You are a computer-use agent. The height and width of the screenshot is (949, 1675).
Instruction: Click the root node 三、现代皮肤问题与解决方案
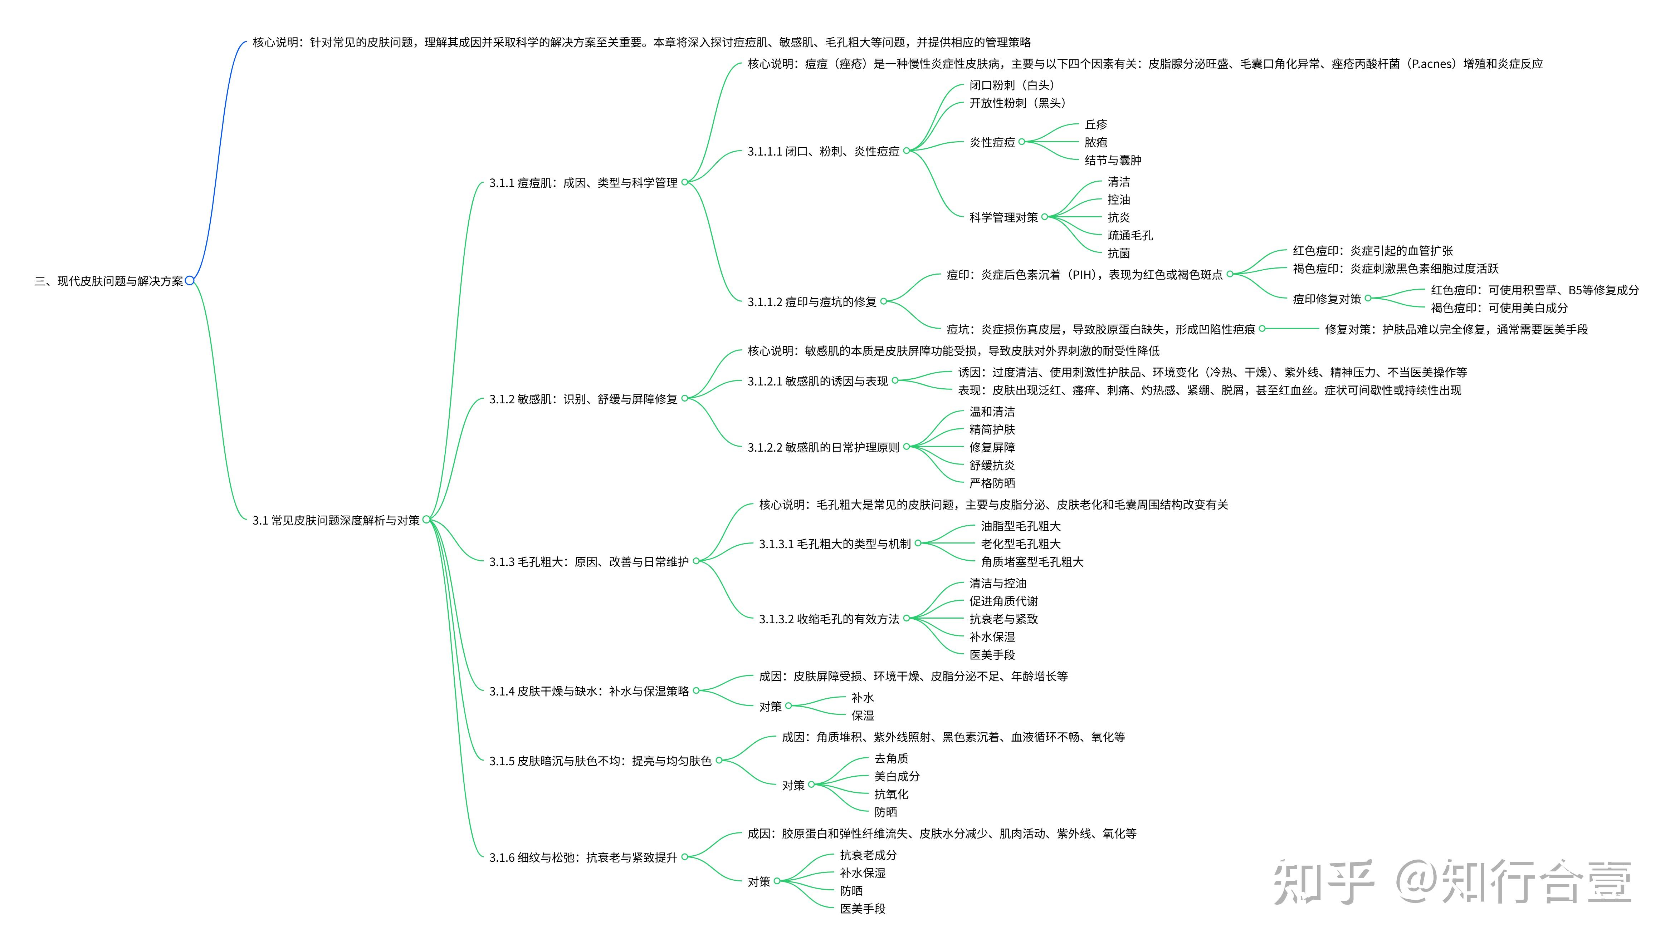(x=109, y=281)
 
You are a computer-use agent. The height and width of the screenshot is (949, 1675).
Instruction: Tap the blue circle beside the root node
(x=190, y=281)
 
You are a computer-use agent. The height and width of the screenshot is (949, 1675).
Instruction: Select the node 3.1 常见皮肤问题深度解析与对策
(x=336, y=520)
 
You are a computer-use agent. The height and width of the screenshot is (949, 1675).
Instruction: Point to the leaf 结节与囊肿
(x=1112, y=160)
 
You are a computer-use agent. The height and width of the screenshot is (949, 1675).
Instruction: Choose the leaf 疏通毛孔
(x=1130, y=235)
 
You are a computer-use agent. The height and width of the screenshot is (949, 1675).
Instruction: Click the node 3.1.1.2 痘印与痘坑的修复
(x=812, y=302)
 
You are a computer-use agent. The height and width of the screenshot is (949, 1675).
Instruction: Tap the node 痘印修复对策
(x=1327, y=299)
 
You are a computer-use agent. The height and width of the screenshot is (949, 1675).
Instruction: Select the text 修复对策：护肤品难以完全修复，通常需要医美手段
(x=1456, y=330)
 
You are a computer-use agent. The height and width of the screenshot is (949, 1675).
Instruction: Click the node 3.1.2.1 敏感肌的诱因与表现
(x=817, y=381)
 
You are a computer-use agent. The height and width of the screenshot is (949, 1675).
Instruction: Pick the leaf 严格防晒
(x=992, y=483)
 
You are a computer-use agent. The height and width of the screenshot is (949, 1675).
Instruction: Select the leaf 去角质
(x=891, y=759)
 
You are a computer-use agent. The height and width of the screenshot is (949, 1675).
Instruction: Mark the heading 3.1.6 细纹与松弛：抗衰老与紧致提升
(x=583, y=858)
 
